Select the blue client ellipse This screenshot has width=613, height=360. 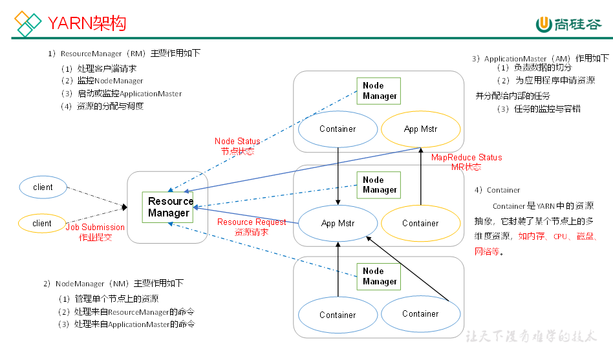43,187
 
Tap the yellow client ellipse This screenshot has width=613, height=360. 42,224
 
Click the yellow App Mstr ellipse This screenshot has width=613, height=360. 420,129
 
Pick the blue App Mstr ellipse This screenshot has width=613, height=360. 338,224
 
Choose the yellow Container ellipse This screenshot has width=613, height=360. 420,224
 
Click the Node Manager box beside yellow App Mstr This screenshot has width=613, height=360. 379,91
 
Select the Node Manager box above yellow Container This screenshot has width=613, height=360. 379,185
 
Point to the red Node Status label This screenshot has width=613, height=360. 237,146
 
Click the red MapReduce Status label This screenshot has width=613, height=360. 466,162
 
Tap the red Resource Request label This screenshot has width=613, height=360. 252,227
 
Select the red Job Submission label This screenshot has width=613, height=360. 95,232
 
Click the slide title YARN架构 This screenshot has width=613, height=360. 87,24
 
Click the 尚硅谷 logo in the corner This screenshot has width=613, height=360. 568,24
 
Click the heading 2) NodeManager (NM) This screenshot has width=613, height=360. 113,284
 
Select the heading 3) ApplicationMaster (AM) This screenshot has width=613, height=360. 540,58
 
